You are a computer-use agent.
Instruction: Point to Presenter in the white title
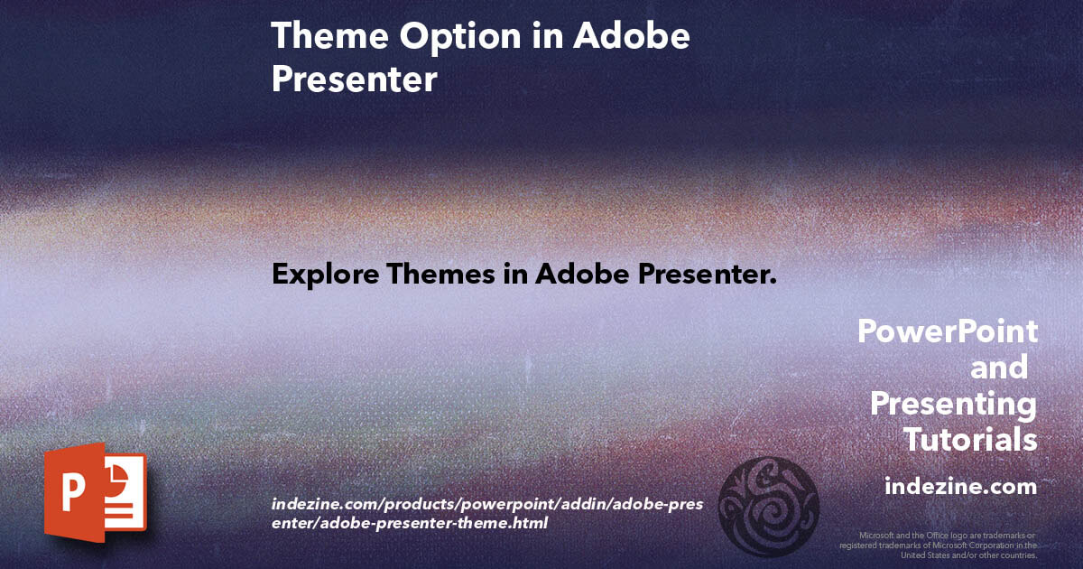click(354, 79)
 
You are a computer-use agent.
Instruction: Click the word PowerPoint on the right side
click(947, 331)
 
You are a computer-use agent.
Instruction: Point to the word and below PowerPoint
click(998, 368)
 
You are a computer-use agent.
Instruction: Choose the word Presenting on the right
click(953, 404)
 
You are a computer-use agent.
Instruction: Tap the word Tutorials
click(970, 440)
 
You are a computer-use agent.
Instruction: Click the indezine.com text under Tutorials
click(960, 486)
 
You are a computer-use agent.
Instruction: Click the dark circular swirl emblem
click(773, 506)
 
